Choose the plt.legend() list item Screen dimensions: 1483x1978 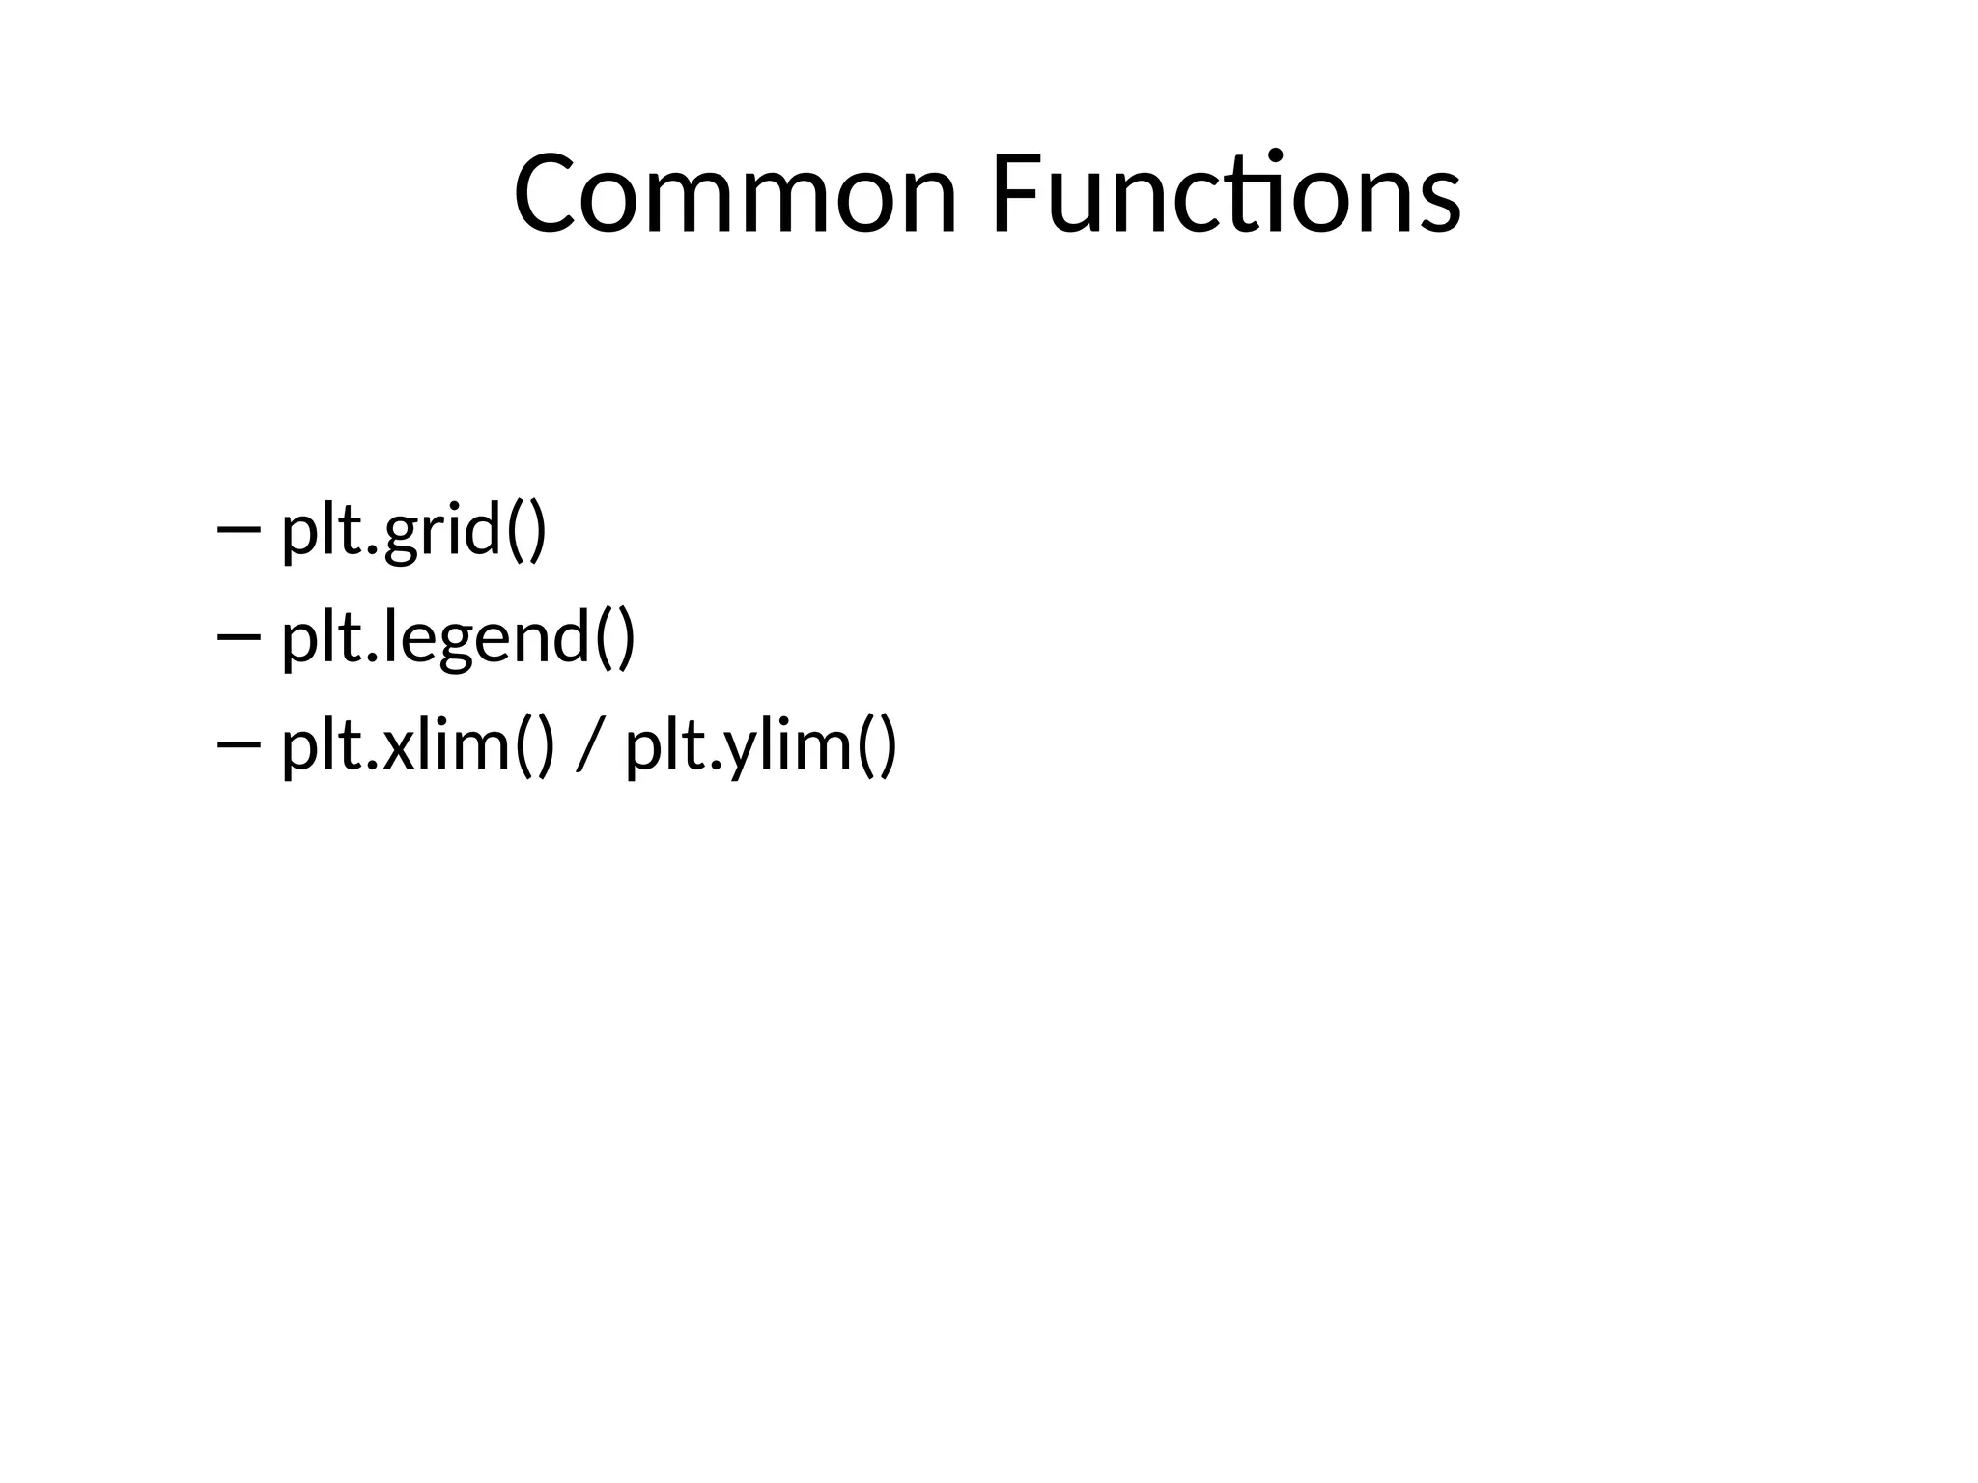point(458,638)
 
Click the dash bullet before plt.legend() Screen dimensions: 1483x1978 point(240,637)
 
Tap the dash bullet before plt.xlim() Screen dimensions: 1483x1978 point(240,744)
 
